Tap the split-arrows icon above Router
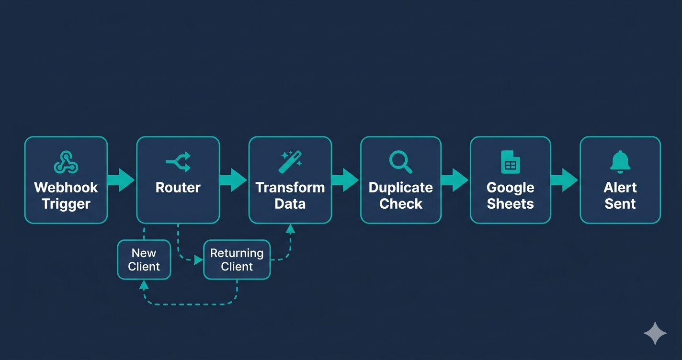[178, 161]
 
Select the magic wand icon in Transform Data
[290, 162]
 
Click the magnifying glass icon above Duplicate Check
[400, 161]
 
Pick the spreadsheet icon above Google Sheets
[510, 161]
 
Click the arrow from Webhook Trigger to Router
[122, 180]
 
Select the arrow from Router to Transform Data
[234, 180]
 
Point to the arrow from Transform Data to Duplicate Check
[345, 180]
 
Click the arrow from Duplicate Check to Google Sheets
[455, 180]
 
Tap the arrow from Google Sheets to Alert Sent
[565, 180]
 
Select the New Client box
[144, 259]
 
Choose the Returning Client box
[237, 259]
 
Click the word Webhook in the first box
[66, 187]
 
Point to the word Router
[178, 187]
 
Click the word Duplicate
[400, 187]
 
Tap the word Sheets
[510, 204]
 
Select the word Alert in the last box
[620, 187]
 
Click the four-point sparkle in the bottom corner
[655, 333]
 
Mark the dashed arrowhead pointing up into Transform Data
[290, 229]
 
